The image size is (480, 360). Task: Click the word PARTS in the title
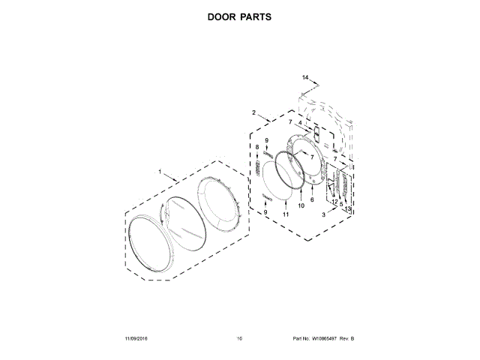[256, 16]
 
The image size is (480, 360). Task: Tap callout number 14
[305, 78]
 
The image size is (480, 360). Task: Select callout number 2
[254, 113]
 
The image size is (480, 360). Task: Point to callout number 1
[160, 172]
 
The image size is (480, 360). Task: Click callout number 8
[256, 147]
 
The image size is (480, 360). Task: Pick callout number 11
[286, 214]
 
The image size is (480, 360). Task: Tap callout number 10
[301, 205]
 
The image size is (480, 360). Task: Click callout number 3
[323, 214]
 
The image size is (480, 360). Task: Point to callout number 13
[347, 208]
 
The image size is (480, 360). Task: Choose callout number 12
[334, 202]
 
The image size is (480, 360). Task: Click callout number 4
[300, 123]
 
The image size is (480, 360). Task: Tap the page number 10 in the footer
[239, 339]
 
